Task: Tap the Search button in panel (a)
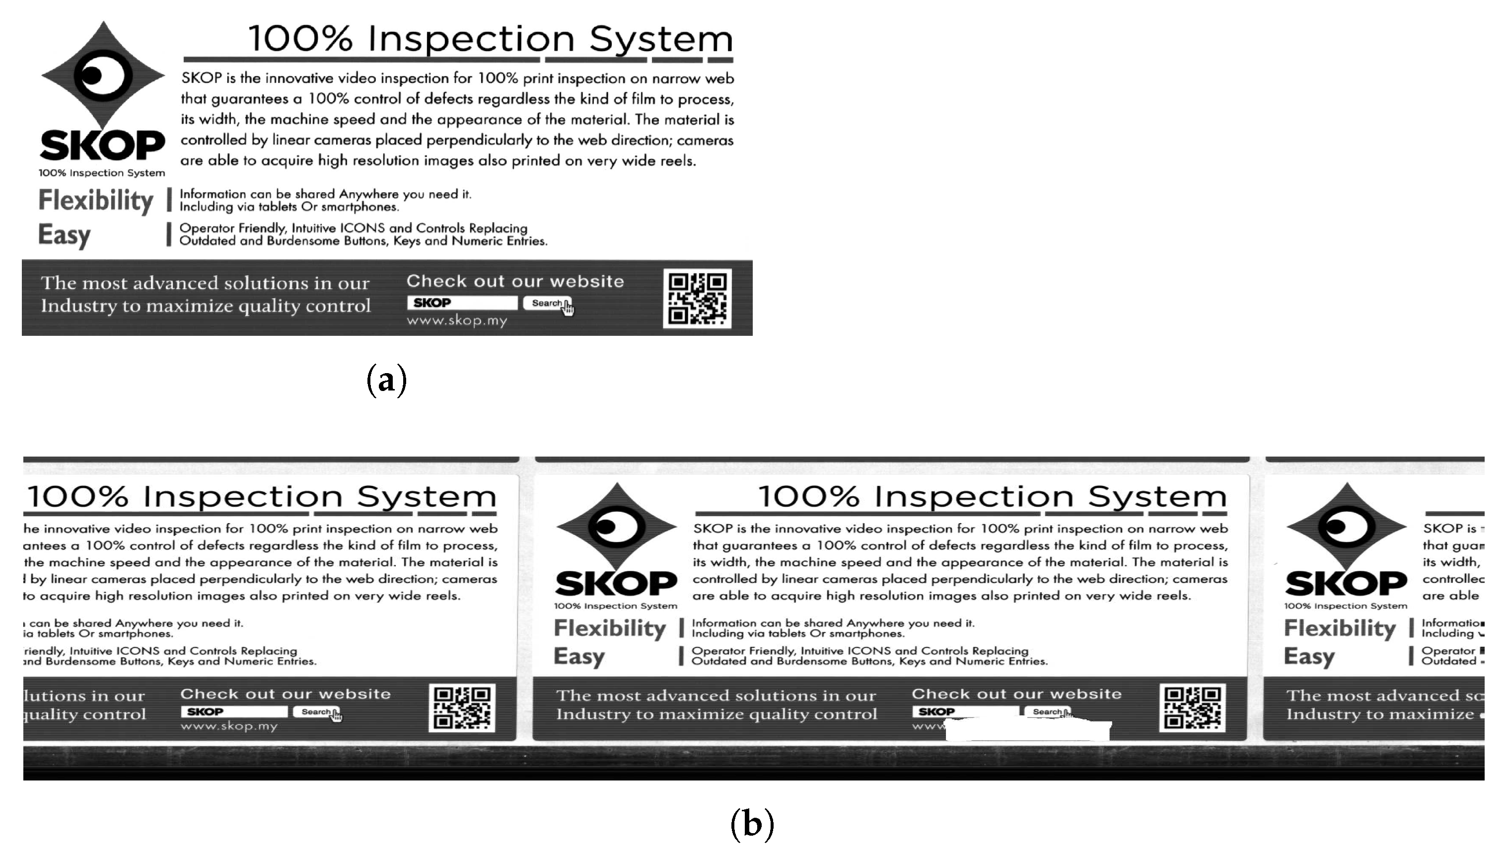pos(546,303)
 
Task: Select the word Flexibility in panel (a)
pos(96,200)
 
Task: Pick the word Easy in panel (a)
pos(65,235)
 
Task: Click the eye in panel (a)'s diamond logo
pos(102,76)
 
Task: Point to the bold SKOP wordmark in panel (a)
pos(102,146)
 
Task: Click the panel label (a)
pos(386,380)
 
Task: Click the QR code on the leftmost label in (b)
pos(462,707)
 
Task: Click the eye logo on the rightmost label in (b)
pos(1346,526)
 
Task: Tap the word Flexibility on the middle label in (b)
pos(609,628)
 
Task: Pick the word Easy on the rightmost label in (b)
pos(1309,656)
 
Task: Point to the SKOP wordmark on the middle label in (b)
pos(616,583)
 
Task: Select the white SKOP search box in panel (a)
pos(462,303)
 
